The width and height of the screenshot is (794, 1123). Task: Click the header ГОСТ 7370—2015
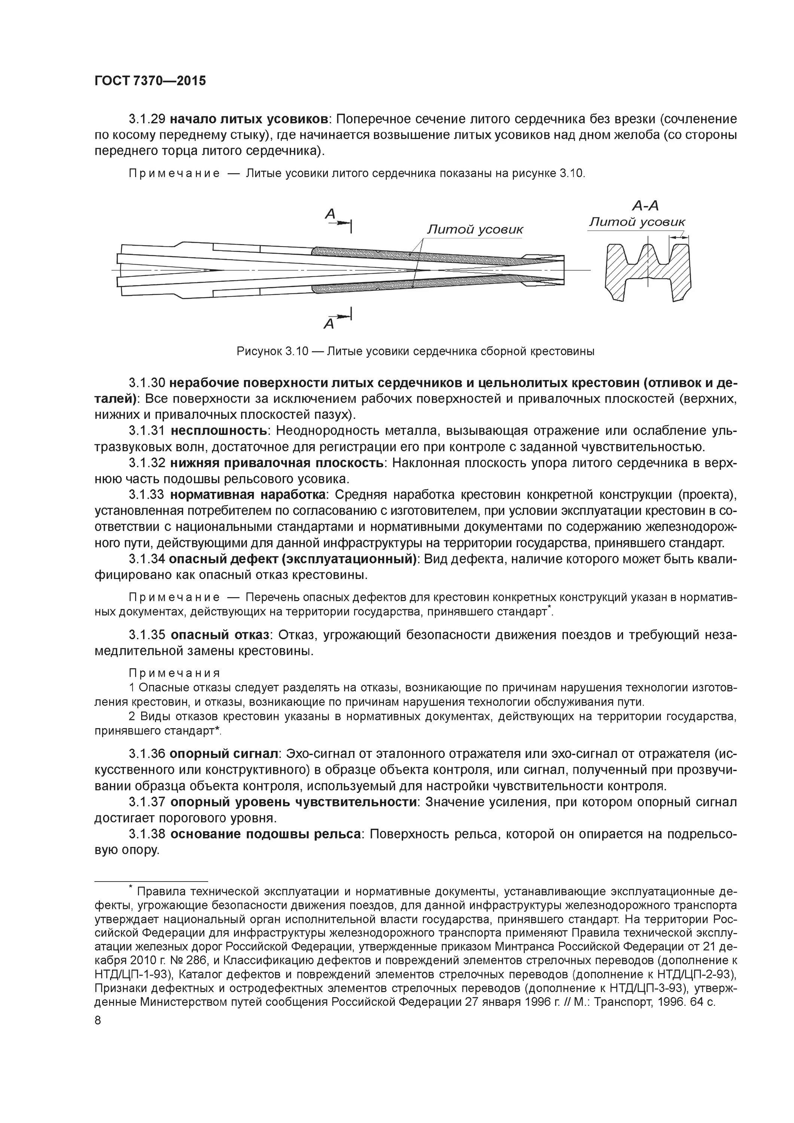click(150, 81)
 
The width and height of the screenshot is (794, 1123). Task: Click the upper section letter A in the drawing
click(330, 214)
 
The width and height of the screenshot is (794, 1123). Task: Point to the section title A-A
click(645, 206)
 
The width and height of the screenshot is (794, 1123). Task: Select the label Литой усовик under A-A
click(636, 222)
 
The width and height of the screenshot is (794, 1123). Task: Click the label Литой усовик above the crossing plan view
click(475, 229)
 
